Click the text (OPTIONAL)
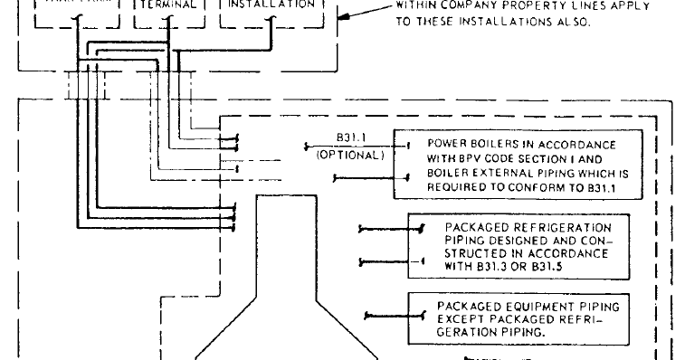[350, 154]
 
